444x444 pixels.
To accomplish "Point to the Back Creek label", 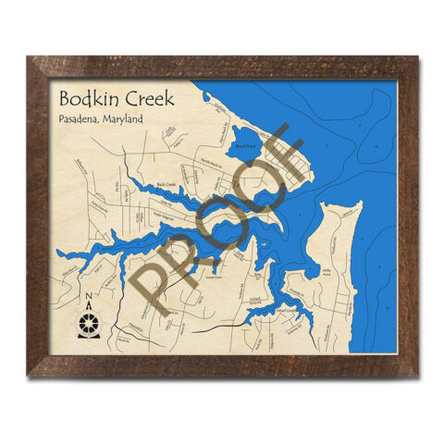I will coord(167,185).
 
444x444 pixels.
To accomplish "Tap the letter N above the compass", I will coord(88,299).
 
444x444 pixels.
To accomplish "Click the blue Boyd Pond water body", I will coord(245,154).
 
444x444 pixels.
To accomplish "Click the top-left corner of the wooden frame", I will coord(30,58).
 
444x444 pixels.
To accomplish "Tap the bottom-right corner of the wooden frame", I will coord(417,376).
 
